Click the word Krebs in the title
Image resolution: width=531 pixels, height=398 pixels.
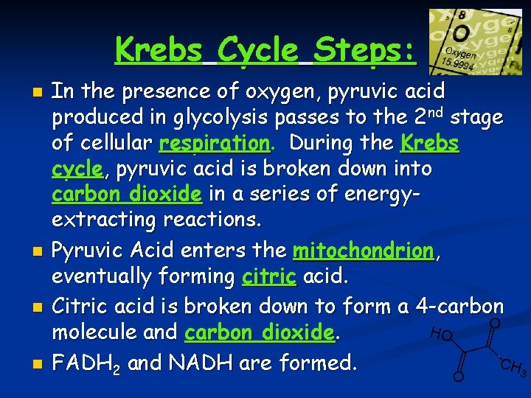(159, 50)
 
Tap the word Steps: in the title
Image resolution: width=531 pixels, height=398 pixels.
(364, 50)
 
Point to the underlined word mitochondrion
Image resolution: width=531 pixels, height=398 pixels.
(364, 251)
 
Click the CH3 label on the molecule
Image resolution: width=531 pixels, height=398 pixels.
(513, 368)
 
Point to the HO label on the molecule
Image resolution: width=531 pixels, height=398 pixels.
(440, 334)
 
